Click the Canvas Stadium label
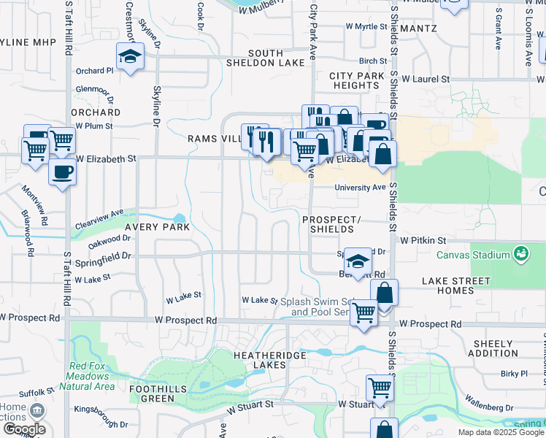click(x=472, y=255)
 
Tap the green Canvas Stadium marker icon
click(x=521, y=253)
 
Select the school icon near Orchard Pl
click(x=129, y=56)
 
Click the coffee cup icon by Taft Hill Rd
click(x=61, y=172)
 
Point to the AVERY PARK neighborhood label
click(x=157, y=227)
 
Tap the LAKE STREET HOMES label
click(x=448, y=285)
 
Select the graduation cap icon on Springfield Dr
click(x=358, y=261)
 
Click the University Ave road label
click(x=360, y=188)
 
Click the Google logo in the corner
click(x=23, y=429)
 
